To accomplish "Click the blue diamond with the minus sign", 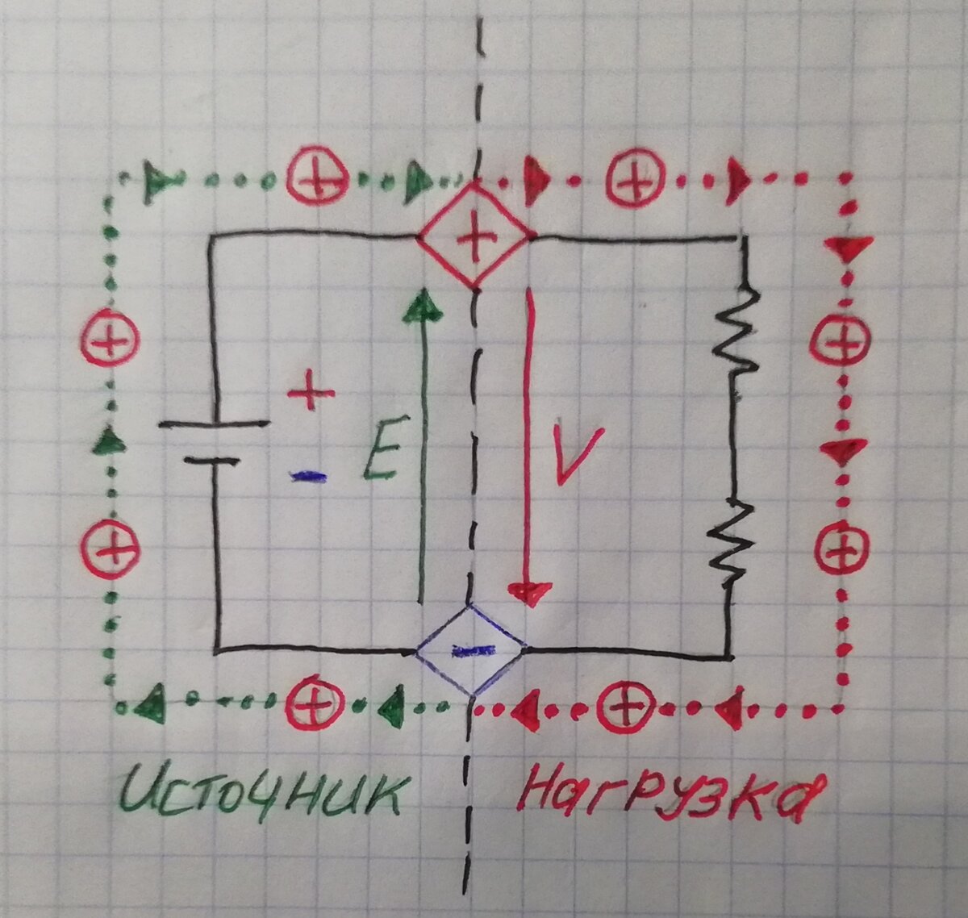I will pos(470,649).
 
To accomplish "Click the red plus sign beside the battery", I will pos(311,394).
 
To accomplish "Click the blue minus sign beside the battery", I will pos(308,478).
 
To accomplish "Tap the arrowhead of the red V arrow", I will pos(529,594).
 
